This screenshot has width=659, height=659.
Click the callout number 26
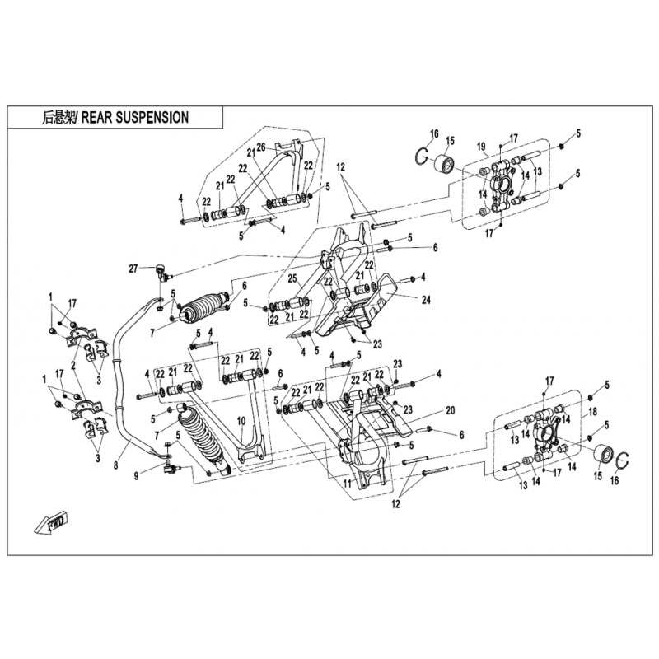tap(260, 147)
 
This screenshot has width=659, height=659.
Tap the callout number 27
tap(133, 268)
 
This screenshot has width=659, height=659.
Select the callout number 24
tap(426, 300)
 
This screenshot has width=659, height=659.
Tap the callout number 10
tap(241, 421)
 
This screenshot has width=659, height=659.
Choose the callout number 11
tap(347, 484)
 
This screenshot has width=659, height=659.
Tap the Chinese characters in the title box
tap(58, 118)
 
